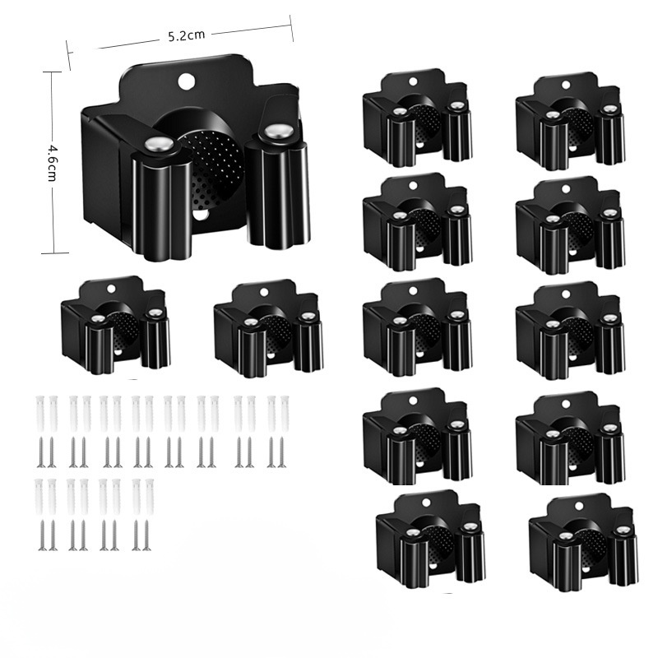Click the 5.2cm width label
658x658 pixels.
[x=187, y=35]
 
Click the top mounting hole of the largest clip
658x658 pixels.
[x=184, y=81]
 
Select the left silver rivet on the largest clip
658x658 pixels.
[x=159, y=145]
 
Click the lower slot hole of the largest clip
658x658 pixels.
[x=200, y=215]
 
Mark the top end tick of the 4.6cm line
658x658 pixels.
[x=51, y=72]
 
